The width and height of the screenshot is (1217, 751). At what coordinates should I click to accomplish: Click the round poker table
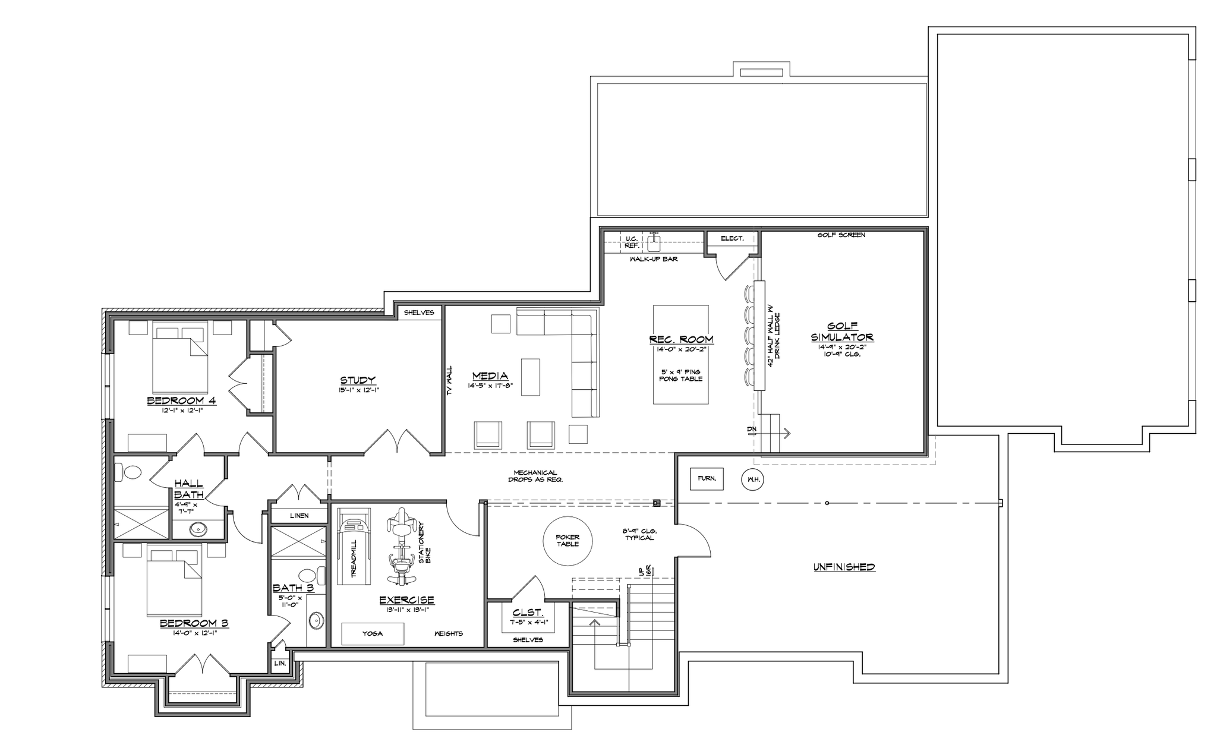567,541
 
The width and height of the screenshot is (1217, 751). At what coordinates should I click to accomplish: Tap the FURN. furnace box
707,479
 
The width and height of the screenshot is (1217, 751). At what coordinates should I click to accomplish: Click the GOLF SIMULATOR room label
842,332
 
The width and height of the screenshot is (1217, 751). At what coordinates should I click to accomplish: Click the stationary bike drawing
401,545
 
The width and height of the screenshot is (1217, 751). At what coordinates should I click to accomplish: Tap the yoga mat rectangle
373,633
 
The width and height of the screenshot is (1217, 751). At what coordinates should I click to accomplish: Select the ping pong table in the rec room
681,355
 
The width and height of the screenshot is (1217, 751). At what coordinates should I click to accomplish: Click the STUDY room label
358,380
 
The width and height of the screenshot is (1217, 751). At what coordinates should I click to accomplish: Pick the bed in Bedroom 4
180,356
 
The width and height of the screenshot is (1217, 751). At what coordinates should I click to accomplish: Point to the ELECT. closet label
732,238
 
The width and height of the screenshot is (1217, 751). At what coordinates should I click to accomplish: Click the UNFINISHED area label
844,567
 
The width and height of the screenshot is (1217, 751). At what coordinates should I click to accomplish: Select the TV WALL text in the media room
449,380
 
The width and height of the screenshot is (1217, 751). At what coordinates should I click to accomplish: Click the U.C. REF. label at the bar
632,242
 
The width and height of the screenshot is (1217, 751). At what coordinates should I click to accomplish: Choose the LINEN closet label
299,516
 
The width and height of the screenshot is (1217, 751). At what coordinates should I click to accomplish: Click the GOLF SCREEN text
841,235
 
